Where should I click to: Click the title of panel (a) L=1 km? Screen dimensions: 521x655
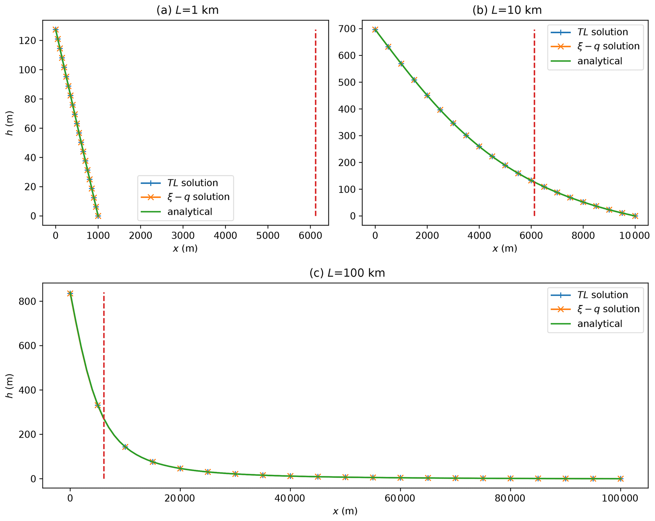tap(187, 10)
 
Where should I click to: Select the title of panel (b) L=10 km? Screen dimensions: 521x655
tap(507, 10)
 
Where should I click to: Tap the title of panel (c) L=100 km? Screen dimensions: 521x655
tap(347, 273)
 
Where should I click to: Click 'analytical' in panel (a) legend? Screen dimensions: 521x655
tap(189, 212)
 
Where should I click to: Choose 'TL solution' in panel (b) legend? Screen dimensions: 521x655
tap(602, 32)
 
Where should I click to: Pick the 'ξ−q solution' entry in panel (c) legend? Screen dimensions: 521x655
tap(608, 309)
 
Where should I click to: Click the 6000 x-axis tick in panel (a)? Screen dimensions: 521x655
tap(311, 236)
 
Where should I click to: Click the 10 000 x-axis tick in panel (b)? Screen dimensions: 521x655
tap(635, 236)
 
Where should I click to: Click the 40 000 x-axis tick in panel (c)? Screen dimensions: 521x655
tap(290, 498)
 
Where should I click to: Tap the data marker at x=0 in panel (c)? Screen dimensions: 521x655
tap(70, 293)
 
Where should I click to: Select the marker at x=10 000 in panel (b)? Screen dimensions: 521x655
tap(635, 216)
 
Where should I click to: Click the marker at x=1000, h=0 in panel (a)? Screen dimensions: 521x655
tap(98, 216)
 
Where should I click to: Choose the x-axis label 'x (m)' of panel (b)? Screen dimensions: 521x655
tap(504, 248)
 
